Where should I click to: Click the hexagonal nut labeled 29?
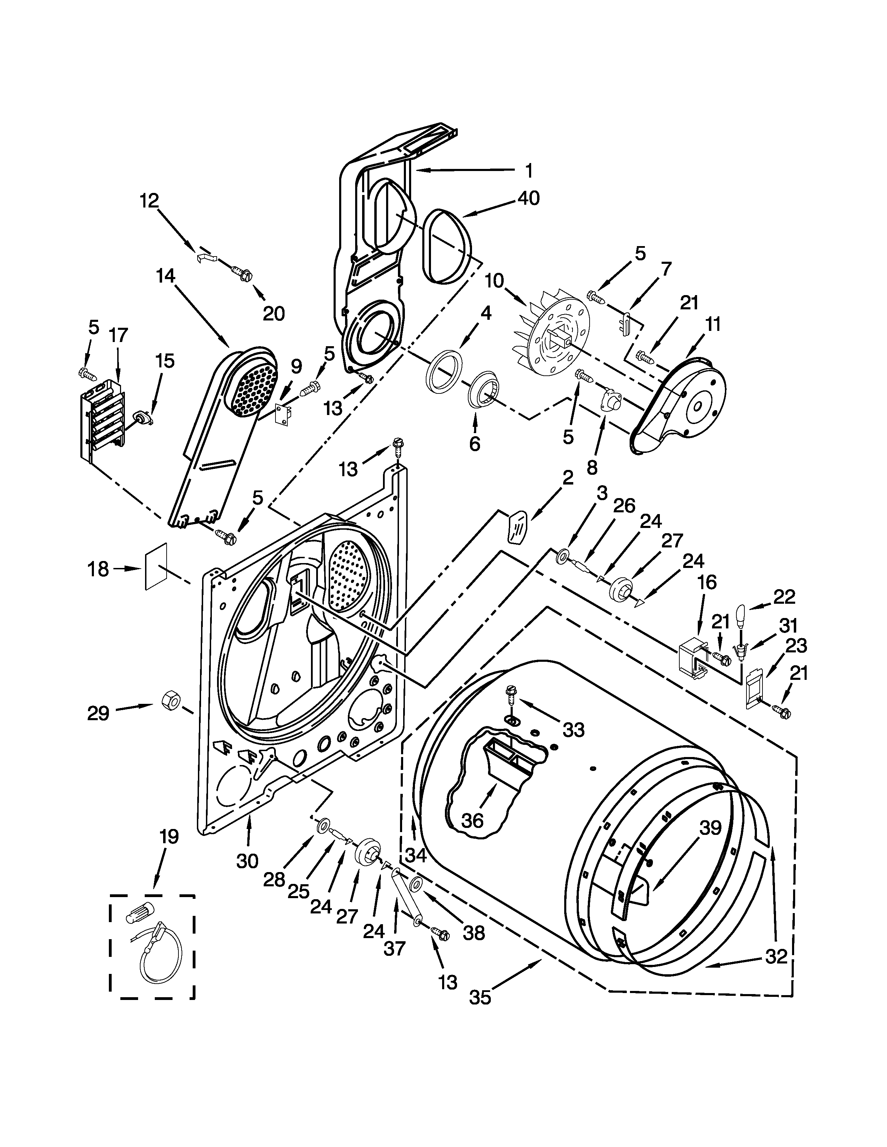point(170,700)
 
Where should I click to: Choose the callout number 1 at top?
point(529,170)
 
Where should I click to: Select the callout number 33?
point(573,730)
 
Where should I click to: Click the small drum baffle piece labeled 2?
point(517,527)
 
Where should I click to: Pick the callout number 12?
point(149,200)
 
